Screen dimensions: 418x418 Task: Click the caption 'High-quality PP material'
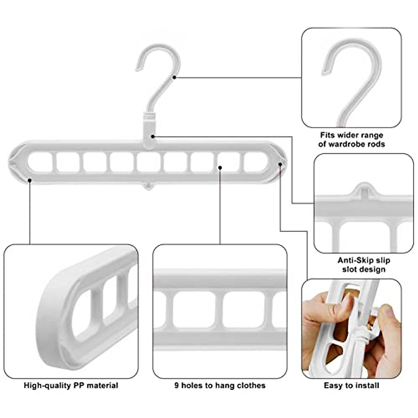point(71,386)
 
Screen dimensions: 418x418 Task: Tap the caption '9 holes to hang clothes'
point(220,386)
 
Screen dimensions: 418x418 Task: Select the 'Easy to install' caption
point(351,386)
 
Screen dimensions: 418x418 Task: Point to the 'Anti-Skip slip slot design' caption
point(364,265)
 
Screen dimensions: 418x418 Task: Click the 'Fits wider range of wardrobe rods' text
point(351,140)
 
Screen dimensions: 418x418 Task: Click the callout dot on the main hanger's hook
point(174,77)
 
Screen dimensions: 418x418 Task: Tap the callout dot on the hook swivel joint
point(153,137)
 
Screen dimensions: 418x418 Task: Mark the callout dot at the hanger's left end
point(30,180)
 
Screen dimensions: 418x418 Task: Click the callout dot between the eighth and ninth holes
point(220,168)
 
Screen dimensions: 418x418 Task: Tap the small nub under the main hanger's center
point(149,186)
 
